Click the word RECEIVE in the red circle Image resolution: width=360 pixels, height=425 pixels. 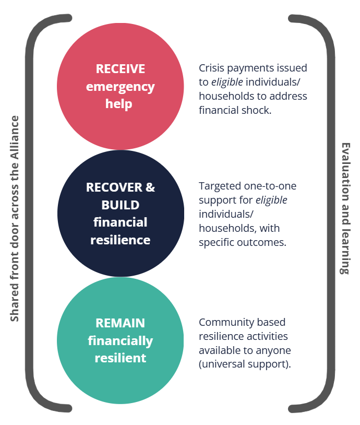click(x=121, y=69)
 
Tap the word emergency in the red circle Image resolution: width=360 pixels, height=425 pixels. click(x=121, y=87)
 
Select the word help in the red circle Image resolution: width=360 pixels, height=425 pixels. click(x=118, y=103)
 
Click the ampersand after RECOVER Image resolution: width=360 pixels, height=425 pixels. click(x=150, y=187)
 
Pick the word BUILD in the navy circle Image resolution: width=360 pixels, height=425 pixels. click(x=121, y=205)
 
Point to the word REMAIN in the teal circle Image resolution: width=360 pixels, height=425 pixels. click(x=121, y=323)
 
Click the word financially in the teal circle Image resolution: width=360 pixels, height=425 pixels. click(x=121, y=341)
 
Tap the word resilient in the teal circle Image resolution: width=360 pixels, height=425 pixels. click(x=121, y=358)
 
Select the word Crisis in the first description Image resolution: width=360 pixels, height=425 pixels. click(x=211, y=68)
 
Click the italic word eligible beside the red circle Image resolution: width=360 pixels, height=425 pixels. click(x=227, y=82)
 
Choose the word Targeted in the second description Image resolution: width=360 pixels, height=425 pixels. click(x=220, y=186)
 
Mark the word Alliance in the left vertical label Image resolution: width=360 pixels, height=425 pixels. click(x=15, y=137)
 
